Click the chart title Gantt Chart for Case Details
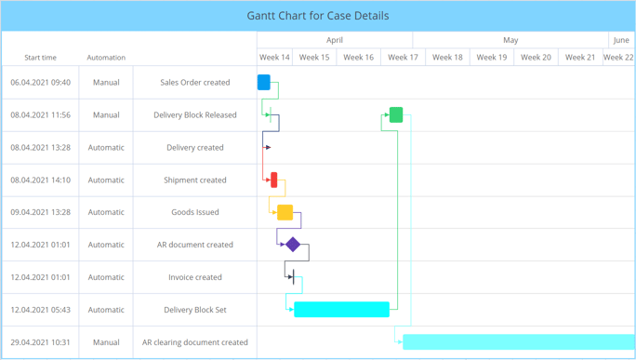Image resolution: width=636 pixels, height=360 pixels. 318,16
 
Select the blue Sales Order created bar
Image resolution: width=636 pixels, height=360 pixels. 264,82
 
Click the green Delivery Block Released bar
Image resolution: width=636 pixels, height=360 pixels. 396,115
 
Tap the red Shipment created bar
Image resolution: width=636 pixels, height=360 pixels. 274,180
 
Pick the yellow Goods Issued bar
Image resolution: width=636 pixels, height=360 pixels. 285,213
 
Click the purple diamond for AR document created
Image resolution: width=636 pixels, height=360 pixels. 293,245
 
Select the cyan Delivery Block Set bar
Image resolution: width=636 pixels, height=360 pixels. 341,310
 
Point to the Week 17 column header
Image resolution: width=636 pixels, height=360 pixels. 403,58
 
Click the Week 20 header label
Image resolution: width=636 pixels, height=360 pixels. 536,58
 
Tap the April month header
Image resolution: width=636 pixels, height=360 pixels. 335,40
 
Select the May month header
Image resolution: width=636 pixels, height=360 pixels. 510,40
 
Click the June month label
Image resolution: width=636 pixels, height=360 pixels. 621,40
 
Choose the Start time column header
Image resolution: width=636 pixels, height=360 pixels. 40,58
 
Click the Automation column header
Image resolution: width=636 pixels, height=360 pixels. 106,58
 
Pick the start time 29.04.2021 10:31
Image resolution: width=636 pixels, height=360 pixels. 40,342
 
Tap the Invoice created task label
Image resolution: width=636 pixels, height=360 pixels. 195,277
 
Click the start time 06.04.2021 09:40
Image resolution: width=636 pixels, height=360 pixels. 40,83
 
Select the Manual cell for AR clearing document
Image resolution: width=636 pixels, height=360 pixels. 106,342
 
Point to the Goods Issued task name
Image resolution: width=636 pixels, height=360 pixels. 195,212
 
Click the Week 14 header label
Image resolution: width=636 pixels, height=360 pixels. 273,58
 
